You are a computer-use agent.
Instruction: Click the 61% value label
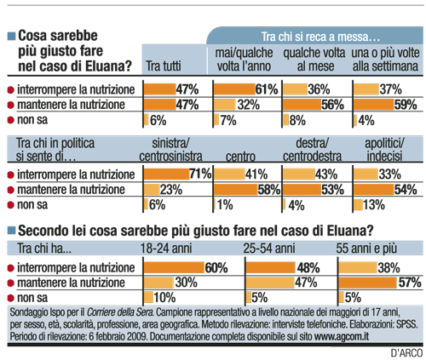pyautogui.click(x=267, y=89)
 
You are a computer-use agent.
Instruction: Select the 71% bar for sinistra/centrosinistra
pyautogui.click(x=166, y=174)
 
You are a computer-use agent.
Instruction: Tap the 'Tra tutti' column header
pyautogui.click(x=164, y=66)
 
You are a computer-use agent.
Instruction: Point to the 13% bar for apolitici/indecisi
pyautogui.click(x=358, y=205)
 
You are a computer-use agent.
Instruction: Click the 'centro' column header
pyautogui.click(x=240, y=157)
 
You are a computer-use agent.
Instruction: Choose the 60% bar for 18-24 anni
pyautogui.click(x=174, y=267)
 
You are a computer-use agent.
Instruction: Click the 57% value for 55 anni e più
pyautogui.click(x=410, y=283)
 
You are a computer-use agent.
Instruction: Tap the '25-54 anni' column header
pyautogui.click(x=269, y=249)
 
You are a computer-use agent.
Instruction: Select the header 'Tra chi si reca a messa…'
pyautogui.click(x=320, y=37)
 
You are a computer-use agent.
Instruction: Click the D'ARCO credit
pyautogui.click(x=406, y=353)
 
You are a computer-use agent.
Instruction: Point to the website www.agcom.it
pyautogui.click(x=342, y=336)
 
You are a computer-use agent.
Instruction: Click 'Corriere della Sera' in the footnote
pyautogui.click(x=120, y=312)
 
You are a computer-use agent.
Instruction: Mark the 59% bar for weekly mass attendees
pyautogui.click(x=373, y=105)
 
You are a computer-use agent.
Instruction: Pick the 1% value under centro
pyautogui.click(x=225, y=205)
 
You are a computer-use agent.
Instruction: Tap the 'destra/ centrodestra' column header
pyautogui.click(x=312, y=150)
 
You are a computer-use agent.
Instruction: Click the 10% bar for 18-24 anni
pyautogui.click(x=148, y=297)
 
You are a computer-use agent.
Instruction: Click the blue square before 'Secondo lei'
pyautogui.click(x=11, y=231)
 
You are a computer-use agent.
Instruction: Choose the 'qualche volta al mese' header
pyautogui.click(x=314, y=60)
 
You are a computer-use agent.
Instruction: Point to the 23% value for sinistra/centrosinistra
pyautogui.click(x=171, y=190)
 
